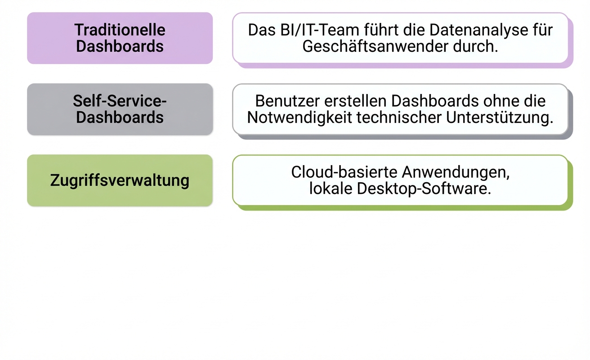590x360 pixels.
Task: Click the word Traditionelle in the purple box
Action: click(x=120, y=30)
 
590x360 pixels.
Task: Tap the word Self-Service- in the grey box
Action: click(x=120, y=101)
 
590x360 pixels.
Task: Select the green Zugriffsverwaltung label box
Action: click(x=120, y=180)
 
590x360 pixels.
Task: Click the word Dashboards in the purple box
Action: click(x=120, y=46)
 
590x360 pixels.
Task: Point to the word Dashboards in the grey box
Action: click(x=120, y=117)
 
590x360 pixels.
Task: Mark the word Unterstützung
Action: click(x=500, y=117)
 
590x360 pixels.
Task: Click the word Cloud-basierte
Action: click(x=344, y=172)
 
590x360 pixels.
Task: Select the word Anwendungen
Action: click(x=456, y=172)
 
